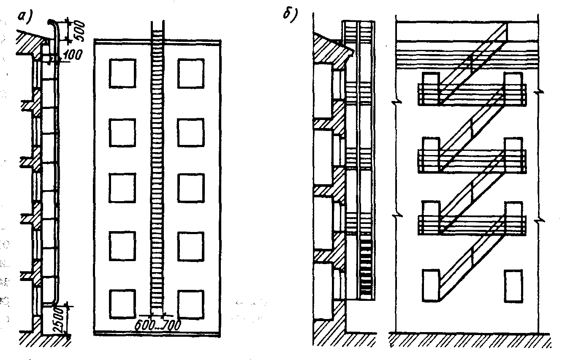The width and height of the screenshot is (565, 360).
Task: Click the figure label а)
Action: click(x=25, y=19)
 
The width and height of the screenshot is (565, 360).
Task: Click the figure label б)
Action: click(x=291, y=15)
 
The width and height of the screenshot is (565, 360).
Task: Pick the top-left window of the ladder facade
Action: click(x=122, y=73)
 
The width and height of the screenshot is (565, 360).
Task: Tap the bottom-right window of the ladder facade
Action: click(x=191, y=305)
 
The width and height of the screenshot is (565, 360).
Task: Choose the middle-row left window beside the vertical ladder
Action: click(x=122, y=188)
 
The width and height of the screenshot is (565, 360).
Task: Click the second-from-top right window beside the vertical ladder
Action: click(x=191, y=133)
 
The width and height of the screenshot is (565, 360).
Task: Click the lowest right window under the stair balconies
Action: click(x=513, y=286)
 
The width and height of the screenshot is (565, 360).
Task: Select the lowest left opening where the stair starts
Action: click(x=431, y=285)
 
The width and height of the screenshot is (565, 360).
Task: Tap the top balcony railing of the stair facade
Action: click(x=472, y=94)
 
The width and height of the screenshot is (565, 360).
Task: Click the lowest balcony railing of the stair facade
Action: click(x=472, y=225)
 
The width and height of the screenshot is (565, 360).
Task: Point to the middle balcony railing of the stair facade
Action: click(x=472, y=161)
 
